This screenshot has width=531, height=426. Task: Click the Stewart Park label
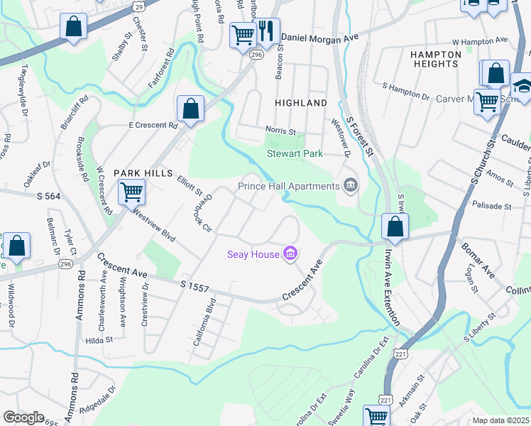point(295,153)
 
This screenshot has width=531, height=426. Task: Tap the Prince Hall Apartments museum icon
point(350,186)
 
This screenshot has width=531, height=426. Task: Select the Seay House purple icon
point(290,253)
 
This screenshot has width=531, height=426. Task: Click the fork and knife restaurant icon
point(266,31)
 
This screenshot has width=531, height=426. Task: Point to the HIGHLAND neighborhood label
point(301,103)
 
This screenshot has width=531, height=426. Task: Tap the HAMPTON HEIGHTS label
point(434,59)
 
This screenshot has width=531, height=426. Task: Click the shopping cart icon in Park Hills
point(131,192)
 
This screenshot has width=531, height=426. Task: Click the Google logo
point(23,417)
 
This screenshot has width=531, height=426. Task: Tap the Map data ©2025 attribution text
point(500,420)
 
